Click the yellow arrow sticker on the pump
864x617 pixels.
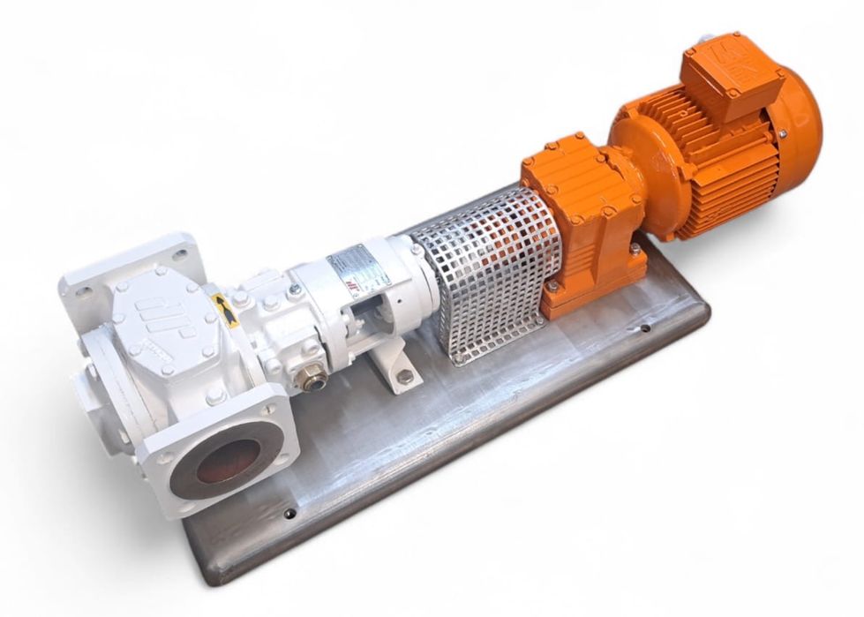coord(224,309)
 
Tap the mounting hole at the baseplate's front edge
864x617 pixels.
coord(290,513)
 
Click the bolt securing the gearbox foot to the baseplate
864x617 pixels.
coord(635,251)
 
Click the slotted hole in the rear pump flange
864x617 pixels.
coord(180,254)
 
